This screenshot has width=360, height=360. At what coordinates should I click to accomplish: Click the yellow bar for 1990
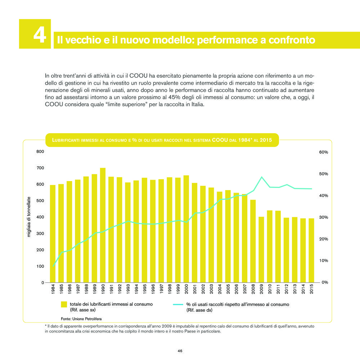[x=103, y=225]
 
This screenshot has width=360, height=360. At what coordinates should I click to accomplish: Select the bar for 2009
[x=261, y=249]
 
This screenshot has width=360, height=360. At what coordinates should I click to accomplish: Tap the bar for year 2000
[x=186, y=229]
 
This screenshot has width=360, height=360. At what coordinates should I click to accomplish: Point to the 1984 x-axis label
[x=53, y=289]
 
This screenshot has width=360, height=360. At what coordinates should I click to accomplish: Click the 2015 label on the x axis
[x=311, y=289]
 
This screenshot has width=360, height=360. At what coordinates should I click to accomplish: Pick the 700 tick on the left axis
[x=40, y=168]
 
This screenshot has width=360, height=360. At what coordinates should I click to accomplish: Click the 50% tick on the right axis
[x=324, y=174]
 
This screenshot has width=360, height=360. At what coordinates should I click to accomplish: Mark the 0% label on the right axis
[x=325, y=282]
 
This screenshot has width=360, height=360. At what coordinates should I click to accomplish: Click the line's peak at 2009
[x=261, y=177]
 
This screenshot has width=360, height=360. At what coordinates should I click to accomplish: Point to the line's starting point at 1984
[x=53, y=266]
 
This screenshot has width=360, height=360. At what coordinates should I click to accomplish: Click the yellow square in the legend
[x=64, y=305]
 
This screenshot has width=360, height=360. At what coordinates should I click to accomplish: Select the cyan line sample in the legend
[x=178, y=305]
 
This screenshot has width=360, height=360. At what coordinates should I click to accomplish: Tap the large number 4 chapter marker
[x=40, y=35]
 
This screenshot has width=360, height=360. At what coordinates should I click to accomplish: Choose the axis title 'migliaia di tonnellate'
[x=29, y=217]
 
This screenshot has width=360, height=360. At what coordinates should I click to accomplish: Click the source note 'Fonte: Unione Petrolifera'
[x=81, y=319]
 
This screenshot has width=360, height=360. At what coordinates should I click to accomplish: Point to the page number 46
[x=180, y=351]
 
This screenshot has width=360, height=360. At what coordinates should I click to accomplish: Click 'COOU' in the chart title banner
[x=220, y=140]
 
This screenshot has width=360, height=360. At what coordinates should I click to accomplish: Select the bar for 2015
[x=311, y=250]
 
